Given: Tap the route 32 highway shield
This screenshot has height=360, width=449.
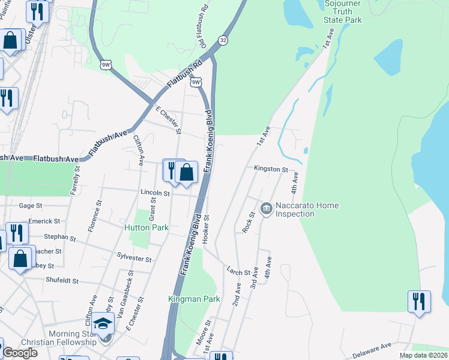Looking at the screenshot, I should coord(223,40).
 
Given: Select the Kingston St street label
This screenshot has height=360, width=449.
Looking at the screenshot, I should coord(271,169).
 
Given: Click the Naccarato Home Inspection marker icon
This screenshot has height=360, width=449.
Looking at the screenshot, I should coord(266,209).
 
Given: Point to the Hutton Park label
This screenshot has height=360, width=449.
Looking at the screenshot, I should coord(146,227).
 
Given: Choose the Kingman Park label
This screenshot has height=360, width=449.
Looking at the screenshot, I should coord(194,299).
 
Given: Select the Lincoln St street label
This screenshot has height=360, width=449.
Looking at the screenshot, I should coord(155,193).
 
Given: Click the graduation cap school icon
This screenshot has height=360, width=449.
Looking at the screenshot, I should coord(104,325).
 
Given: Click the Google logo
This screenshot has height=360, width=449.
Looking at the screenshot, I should coord(20,353).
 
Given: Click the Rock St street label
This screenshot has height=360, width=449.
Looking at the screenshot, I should coord(248,223).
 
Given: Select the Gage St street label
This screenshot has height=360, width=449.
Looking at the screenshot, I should coord(30,205).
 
